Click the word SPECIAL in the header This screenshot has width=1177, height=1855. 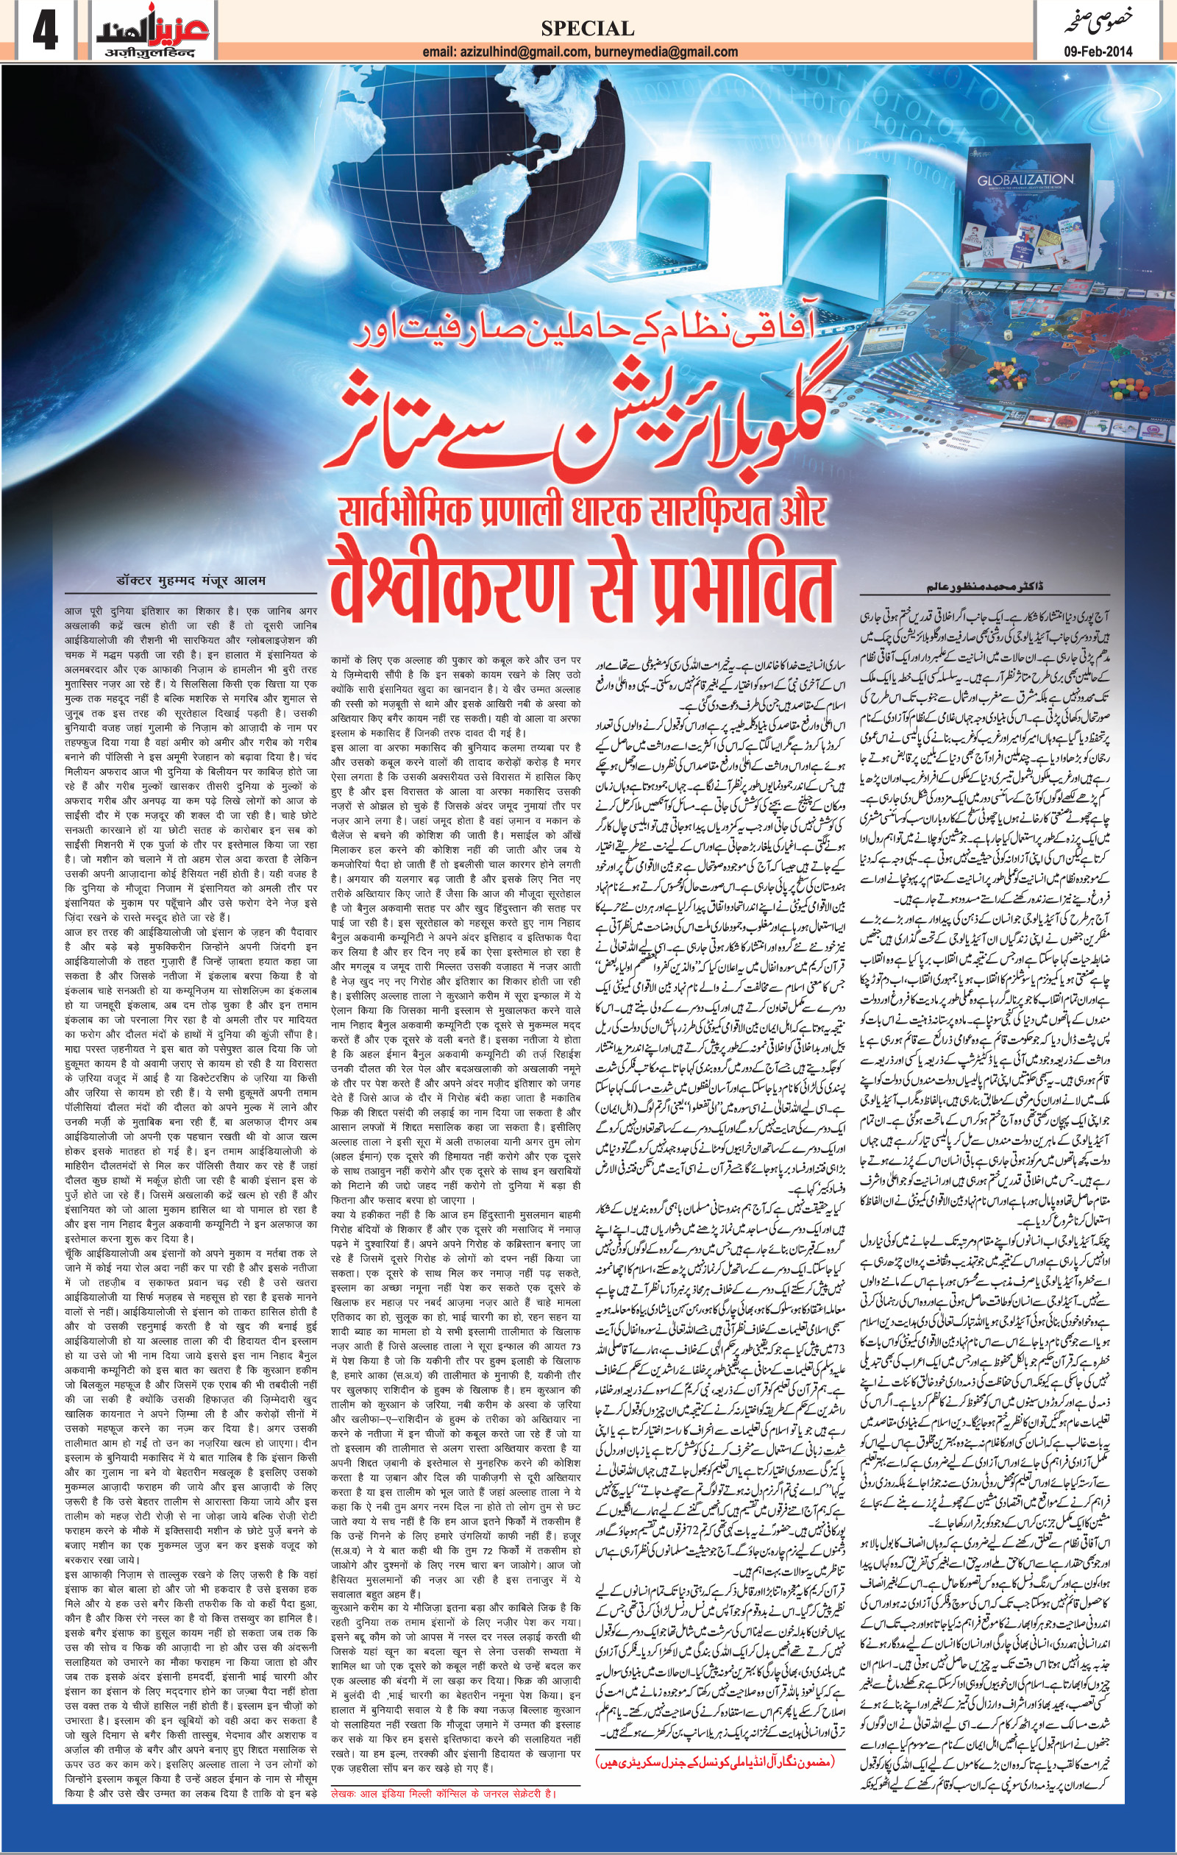coord(587,29)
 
